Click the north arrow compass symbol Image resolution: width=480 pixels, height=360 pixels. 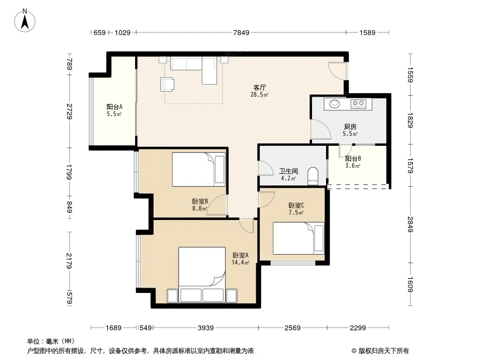coord(25,21)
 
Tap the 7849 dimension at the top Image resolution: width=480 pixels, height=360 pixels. coord(241,32)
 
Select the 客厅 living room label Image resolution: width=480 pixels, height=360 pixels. coord(259,88)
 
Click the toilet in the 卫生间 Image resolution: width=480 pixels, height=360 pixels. coord(313,176)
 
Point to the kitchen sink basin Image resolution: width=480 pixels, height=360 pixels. coord(334,103)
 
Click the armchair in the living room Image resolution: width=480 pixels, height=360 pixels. coord(167,84)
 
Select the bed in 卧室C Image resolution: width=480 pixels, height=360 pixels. coord(299,238)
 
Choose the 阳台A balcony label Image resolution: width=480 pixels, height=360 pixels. coord(114,107)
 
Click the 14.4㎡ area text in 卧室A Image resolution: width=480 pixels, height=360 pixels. coord(240,262)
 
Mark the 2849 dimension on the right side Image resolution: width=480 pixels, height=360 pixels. coord(410,224)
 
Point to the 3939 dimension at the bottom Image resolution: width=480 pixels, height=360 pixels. coord(205,328)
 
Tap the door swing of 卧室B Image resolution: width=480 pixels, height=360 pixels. coord(217,205)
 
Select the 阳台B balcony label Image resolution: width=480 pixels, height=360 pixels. coord(353,159)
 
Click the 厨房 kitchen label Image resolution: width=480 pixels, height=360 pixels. coord(350,126)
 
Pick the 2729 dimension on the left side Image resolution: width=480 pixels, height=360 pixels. coord(70,112)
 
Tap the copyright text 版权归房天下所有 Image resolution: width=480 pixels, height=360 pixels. coord(384,351)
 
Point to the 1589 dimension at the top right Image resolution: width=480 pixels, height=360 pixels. coord(367,32)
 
